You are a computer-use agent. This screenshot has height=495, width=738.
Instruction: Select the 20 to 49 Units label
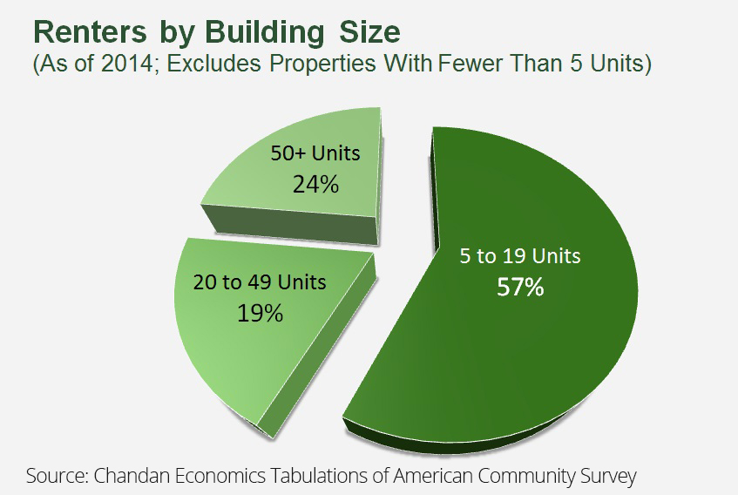(260, 282)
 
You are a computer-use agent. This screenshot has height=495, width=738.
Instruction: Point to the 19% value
(260, 312)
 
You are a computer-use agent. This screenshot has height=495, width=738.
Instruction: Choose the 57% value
(520, 287)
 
